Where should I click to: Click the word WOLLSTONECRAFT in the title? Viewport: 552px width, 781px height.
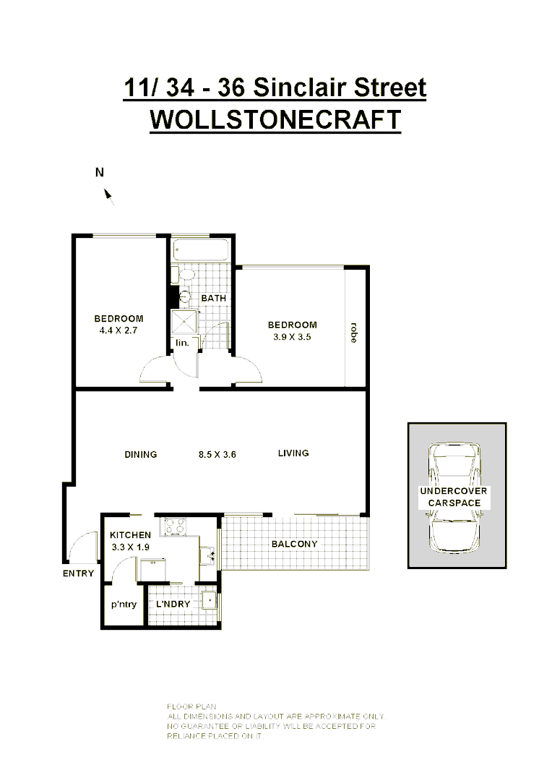click(x=275, y=119)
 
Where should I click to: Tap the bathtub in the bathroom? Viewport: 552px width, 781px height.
click(x=202, y=250)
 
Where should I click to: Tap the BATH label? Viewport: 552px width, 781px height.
click(x=214, y=298)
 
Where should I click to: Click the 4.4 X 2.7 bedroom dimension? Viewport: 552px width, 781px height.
click(x=118, y=330)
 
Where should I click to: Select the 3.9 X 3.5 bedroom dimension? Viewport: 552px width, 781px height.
click(x=292, y=336)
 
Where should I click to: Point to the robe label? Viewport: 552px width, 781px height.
click(x=353, y=332)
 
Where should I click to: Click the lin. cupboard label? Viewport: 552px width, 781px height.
click(x=182, y=343)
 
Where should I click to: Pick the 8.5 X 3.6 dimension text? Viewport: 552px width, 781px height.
click(x=218, y=455)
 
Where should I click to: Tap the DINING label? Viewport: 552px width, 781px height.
click(x=140, y=455)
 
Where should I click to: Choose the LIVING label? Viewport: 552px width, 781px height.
click(x=293, y=453)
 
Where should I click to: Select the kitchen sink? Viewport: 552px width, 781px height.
click(x=208, y=555)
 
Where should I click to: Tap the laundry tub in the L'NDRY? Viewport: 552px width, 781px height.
click(x=209, y=599)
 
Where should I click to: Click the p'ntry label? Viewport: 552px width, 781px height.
click(x=124, y=605)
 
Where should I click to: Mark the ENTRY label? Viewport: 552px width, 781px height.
click(x=78, y=573)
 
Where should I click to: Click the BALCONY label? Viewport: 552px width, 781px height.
click(x=294, y=544)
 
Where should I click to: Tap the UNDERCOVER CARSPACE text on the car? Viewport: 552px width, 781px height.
click(x=454, y=497)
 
